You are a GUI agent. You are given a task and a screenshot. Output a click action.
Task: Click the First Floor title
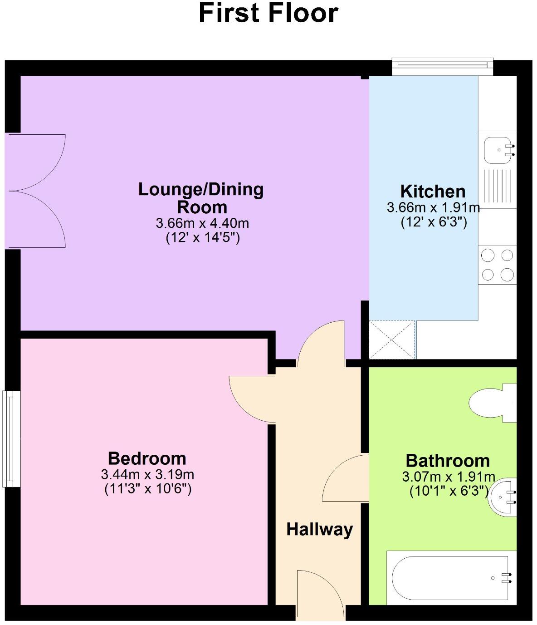[x=268, y=13]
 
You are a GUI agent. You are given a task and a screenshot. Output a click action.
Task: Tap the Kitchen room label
[x=433, y=191]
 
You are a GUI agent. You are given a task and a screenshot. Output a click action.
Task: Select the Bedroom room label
[x=147, y=458]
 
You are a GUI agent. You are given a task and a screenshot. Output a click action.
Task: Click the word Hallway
[x=319, y=529]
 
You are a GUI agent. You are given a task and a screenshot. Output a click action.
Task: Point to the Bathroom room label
[x=448, y=461]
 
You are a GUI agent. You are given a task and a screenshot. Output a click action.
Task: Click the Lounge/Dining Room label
[x=201, y=198]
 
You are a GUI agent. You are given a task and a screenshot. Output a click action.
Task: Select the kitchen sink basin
[x=498, y=150]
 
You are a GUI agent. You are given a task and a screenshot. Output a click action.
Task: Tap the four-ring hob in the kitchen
[x=498, y=265]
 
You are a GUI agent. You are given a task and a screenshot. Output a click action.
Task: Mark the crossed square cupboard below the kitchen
[x=392, y=340]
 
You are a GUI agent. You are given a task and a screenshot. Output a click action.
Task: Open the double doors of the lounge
[x=36, y=191]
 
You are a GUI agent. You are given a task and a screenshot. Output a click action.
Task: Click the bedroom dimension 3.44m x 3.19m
[x=147, y=475]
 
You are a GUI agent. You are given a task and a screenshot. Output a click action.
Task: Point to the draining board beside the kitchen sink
[x=498, y=186]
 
